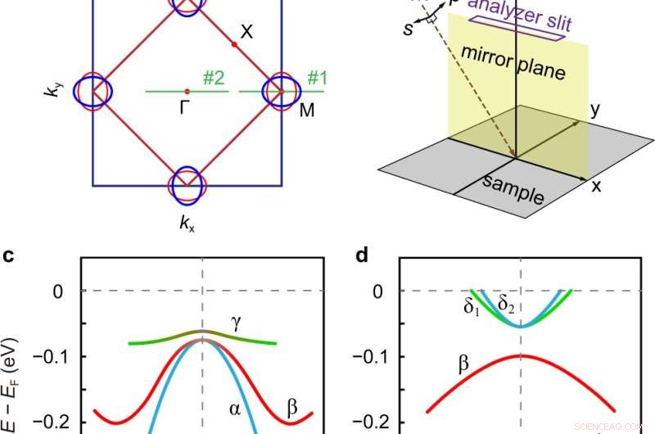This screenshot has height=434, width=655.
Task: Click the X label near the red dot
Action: [246, 32]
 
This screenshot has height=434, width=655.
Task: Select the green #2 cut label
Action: [214, 79]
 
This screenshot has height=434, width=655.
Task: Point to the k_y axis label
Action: [51, 92]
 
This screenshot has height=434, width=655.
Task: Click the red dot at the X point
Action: [234, 44]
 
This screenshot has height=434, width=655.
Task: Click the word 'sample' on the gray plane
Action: [512, 190]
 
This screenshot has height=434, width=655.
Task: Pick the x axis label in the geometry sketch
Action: [596, 186]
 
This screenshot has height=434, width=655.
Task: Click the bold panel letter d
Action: [361, 256]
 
